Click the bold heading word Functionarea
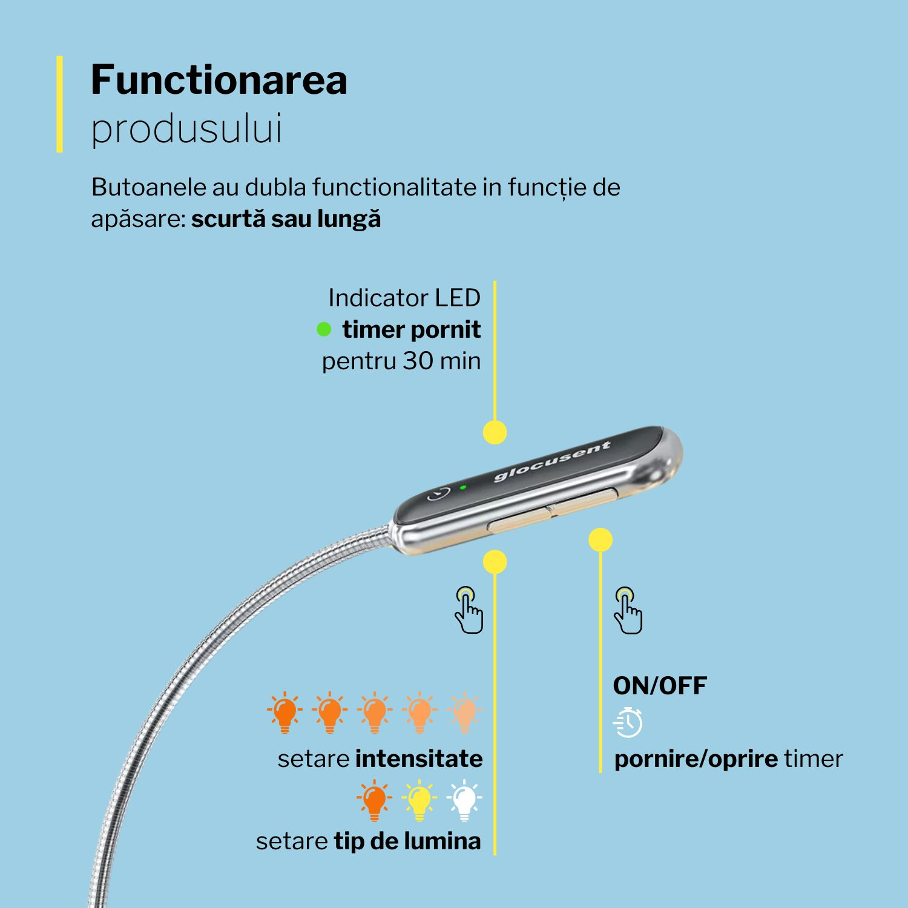tap(219, 79)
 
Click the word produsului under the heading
tap(186, 128)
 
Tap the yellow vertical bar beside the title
tap(59, 104)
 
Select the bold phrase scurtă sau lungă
tap(286, 219)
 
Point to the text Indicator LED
tap(404, 298)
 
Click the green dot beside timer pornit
tap(324, 329)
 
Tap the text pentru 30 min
tap(401, 361)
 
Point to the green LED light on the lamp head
tap(462, 487)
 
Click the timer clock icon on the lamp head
tap(439, 493)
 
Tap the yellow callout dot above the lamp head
tap(495, 433)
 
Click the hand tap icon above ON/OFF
tap(628, 610)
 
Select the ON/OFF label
tap(660, 686)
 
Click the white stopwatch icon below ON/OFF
tap(628, 722)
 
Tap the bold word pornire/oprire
tap(696, 759)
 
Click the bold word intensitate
tap(419, 759)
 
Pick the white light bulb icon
tap(464, 800)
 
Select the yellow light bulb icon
tap(419, 800)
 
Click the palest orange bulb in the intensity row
tap(464, 712)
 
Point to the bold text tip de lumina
tap(407, 841)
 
